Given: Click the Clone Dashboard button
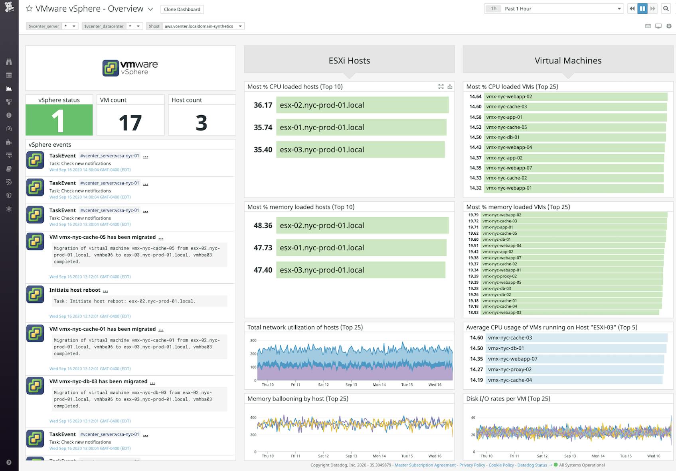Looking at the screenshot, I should [x=182, y=9].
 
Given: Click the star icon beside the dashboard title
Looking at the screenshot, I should [x=29, y=9].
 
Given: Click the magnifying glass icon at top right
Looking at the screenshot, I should [x=666, y=9].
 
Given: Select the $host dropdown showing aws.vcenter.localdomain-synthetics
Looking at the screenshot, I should [x=203, y=26].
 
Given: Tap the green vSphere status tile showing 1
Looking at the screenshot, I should [x=59, y=120].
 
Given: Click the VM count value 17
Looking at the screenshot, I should [x=130, y=123].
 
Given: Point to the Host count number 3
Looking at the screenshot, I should [x=201, y=123].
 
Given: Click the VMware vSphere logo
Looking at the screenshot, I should [x=130, y=68].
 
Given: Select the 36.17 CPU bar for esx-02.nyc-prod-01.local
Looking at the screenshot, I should [x=362, y=105].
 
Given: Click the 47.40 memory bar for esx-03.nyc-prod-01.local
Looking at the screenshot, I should [x=360, y=270].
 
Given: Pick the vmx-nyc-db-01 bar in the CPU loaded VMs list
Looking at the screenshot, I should [x=575, y=137].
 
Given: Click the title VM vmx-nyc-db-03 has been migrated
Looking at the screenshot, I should [x=98, y=381].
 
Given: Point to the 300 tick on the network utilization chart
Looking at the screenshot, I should [x=253, y=340].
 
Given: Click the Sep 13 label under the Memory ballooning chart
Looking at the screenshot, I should [x=351, y=456].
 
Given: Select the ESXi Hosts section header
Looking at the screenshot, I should [x=349, y=61].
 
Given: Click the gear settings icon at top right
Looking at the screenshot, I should [x=669, y=26].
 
